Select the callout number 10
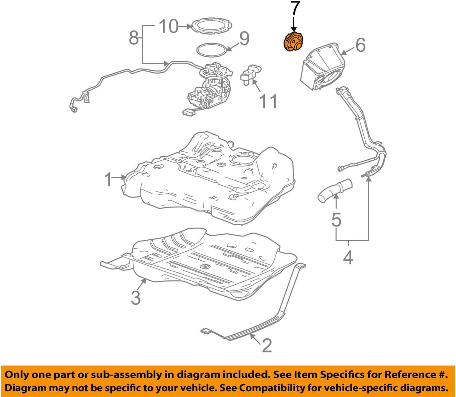click(169, 26)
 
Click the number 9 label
click(244, 38)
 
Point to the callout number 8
click(134, 38)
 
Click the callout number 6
click(360, 45)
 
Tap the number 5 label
click(336, 220)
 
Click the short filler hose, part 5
click(335, 190)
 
